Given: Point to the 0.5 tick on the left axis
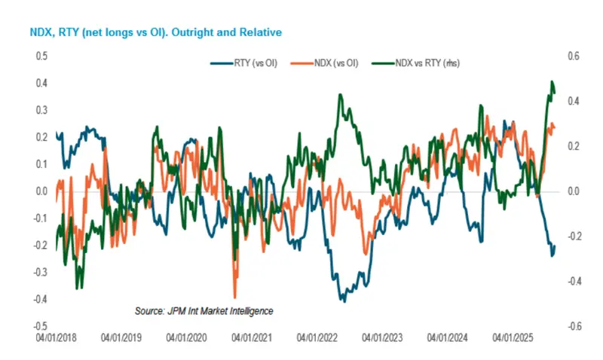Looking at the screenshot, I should click(x=41, y=56).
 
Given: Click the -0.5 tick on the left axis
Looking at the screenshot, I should click(x=40, y=326).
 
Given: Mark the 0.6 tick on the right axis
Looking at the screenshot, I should click(x=574, y=56).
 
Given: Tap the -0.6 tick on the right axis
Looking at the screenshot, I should click(x=572, y=326).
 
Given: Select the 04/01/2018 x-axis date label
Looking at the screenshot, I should click(x=57, y=339).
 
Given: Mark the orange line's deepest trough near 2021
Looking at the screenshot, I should click(x=235, y=297).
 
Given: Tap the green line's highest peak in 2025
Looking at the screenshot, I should click(x=552, y=82).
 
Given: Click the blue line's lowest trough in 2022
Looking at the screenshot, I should click(x=343, y=301).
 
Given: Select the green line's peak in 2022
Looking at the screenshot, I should click(x=341, y=95).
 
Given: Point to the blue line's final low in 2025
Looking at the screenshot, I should click(x=552, y=255).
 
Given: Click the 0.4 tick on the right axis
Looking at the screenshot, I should click(x=574, y=102).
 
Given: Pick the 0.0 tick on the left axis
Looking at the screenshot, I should click(x=41, y=191).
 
